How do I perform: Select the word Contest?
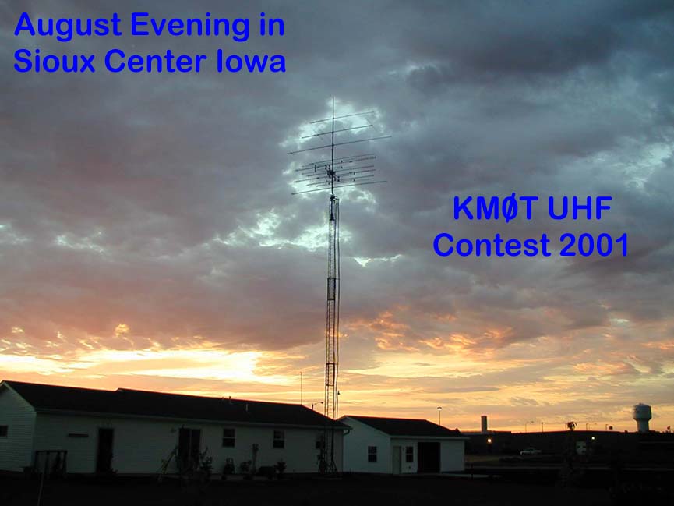tap(492, 245)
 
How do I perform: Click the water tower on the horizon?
tap(642, 416)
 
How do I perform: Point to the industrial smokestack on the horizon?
tap(484, 424)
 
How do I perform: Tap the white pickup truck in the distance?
tap(531, 451)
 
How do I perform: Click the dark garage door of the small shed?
tap(429, 457)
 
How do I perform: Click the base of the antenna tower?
tap(330, 467)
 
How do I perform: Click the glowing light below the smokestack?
tap(489, 441)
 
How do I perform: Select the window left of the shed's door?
tap(372, 454)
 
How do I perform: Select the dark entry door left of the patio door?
tap(105, 450)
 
